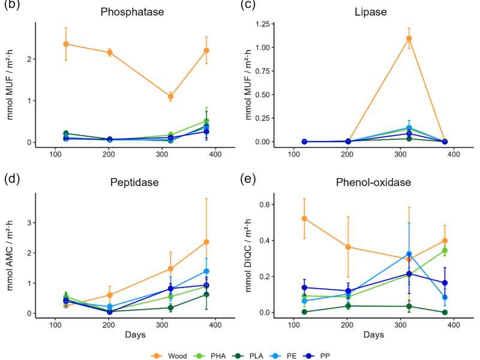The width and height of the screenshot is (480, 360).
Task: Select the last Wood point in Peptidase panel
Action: pos(206,242)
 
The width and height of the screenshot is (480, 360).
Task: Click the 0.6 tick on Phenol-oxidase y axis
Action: pos(269,205)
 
